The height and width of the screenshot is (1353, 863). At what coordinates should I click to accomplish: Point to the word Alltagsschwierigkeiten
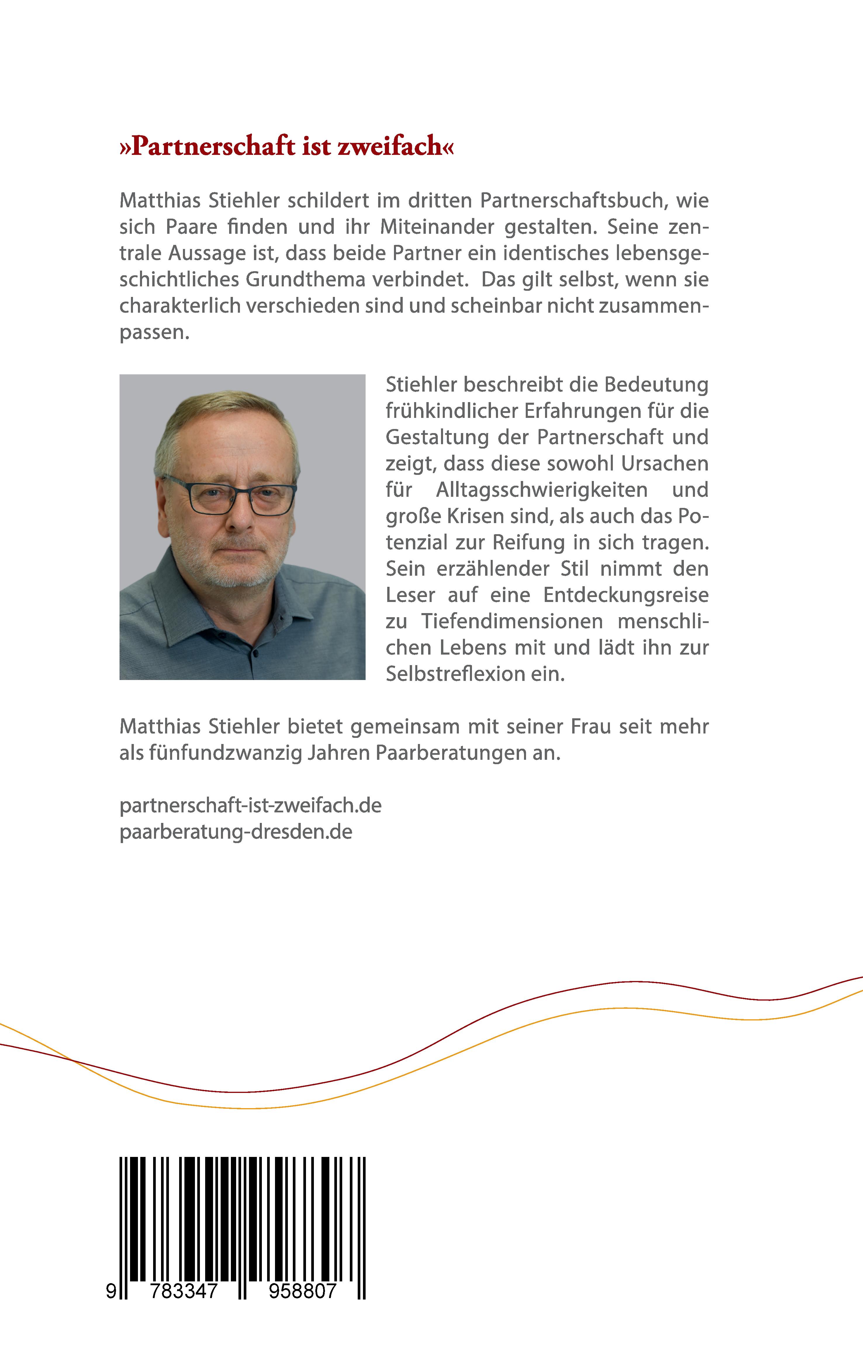[542, 490]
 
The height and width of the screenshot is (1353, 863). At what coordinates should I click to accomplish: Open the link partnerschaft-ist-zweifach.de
[250, 806]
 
